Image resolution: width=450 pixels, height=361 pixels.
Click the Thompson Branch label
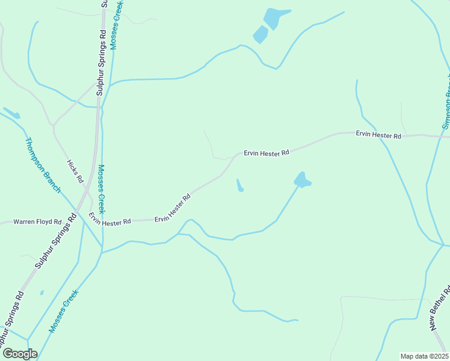coord(43,165)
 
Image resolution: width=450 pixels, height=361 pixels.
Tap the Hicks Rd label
coord(75,171)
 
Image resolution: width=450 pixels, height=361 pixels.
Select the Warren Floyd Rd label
coord(37,222)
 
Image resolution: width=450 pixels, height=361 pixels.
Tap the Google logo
coord(20,354)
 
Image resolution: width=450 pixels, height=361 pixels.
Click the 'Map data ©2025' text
coord(424,356)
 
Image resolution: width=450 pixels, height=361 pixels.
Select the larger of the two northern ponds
coord(276,18)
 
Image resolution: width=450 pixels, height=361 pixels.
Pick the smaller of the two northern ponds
coord(260,34)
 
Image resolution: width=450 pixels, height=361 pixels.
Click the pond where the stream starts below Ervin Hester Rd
coord(302,179)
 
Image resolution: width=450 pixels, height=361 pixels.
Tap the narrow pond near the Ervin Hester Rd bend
coord(239,186)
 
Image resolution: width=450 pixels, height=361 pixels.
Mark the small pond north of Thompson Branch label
coord(12,113)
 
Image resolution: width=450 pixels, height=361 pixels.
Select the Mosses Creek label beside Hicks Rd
coord(102,189)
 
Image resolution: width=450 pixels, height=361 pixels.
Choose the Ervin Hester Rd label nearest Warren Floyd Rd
coord(110,220)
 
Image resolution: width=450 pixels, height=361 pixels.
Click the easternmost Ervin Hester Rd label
coord(378,135)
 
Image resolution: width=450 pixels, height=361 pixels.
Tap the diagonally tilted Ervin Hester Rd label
coord(172,207)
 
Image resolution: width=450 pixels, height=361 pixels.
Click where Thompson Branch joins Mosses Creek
coord(101,245)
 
